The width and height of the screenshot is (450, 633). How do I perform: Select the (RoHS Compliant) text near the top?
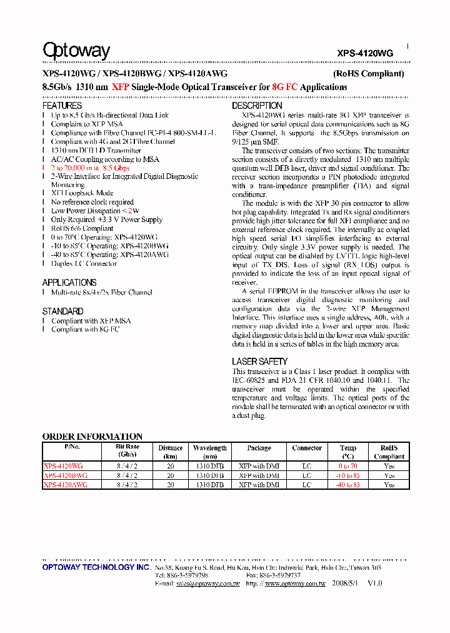pos(368,74)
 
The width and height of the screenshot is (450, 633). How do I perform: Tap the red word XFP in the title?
pos(120,88)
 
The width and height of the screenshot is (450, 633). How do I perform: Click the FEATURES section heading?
pos(62,106)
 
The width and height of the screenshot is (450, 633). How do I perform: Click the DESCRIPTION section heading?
pos(257,106)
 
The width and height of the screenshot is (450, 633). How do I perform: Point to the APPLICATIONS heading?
pos(69,283)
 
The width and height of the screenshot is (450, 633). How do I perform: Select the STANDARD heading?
pos(62,311)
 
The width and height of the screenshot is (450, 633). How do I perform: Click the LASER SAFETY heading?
pos(259,362)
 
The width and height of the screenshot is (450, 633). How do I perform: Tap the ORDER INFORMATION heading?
pos(92,437)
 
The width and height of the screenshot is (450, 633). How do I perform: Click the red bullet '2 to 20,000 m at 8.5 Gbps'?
pos(90,168)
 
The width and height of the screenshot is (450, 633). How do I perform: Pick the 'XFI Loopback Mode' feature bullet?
pos(82,193)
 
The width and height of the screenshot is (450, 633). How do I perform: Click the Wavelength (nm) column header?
pos(210,452)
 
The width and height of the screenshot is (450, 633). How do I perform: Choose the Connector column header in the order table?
pos(307,448)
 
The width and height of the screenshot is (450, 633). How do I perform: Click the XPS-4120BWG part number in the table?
pos(66,475)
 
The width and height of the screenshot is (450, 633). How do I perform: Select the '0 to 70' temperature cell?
pos(349,466)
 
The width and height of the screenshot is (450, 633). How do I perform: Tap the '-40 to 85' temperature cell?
pos(349,485)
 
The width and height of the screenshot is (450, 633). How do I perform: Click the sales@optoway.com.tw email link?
pos(207,583)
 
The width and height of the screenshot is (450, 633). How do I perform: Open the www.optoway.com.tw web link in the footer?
pos(295,583)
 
